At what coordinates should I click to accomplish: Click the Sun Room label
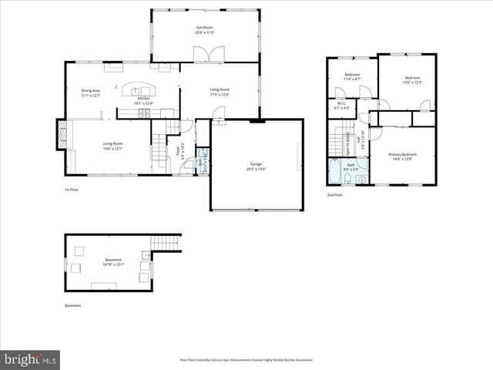pyautogui.click(x=204, y=28)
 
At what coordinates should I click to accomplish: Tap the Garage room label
pyautogui.click(x=256, y=164)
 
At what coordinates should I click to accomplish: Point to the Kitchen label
pyautogui.click(x=143, y=99)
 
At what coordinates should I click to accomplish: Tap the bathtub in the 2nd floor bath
pyautogui.click(x=336, y=173)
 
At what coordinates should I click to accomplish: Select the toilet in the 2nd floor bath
pyautogui.click(x=347, y=180)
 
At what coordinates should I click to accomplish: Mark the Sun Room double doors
pyautogui.click(x=206, y=55)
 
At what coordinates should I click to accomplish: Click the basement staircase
pyautogui.click(x=165, y=242)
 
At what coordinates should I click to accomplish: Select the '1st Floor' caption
pyautogui.click(x=71, y=190)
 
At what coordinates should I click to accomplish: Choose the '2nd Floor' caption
pyautogui.click(x=334, y=195)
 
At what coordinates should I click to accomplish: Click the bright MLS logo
pyautogui.click(x=31, y=359)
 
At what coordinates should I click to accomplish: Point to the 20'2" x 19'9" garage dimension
pyautogui.click(x=256, y=168)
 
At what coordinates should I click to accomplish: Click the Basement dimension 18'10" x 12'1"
pyautogui.click(x=113, y=264)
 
